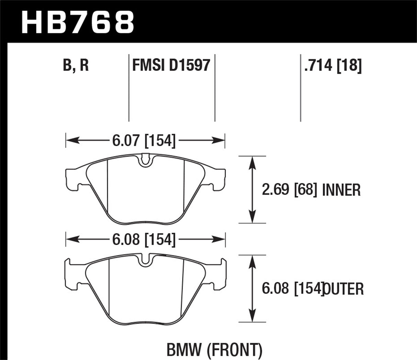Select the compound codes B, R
pos(76,65)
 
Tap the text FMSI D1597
pos(171,65)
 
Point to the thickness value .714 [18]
pos(333,65)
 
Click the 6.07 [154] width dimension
pos(144,141)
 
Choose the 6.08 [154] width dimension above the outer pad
pos(144,240)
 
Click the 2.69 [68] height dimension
pos(289,190)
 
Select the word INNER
pos(341,190)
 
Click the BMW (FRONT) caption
pos(214,350)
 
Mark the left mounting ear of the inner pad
pos(73,179)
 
